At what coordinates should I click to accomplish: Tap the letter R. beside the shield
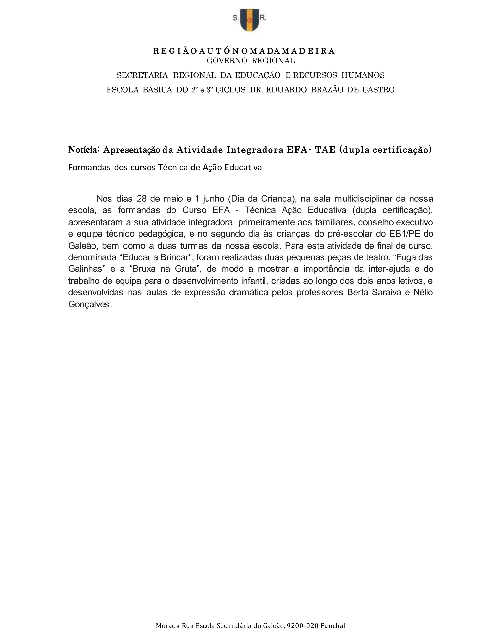click(x=263, y=18)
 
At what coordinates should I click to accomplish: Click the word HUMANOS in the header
click(x=363, y=75)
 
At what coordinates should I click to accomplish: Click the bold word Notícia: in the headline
click(x=84, y=150)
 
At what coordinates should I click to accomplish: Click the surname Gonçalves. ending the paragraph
click(x=90, y=305)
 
